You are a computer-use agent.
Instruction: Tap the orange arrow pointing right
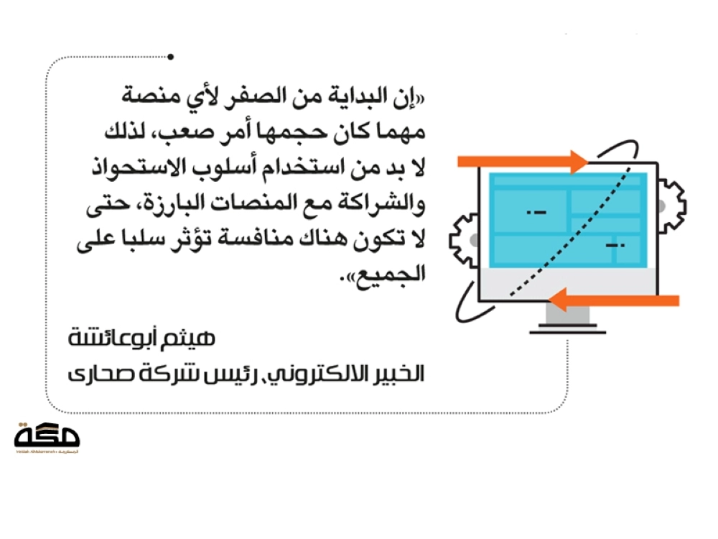point(523,162)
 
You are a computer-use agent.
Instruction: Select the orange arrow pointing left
point(613,300)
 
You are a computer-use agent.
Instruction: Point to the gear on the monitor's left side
point(464,240)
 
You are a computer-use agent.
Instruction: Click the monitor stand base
point(568,329)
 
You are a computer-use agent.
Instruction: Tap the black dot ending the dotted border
point(170,57)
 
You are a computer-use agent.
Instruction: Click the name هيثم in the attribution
point(195,338)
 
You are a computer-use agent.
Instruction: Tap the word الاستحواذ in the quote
point(142,167)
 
